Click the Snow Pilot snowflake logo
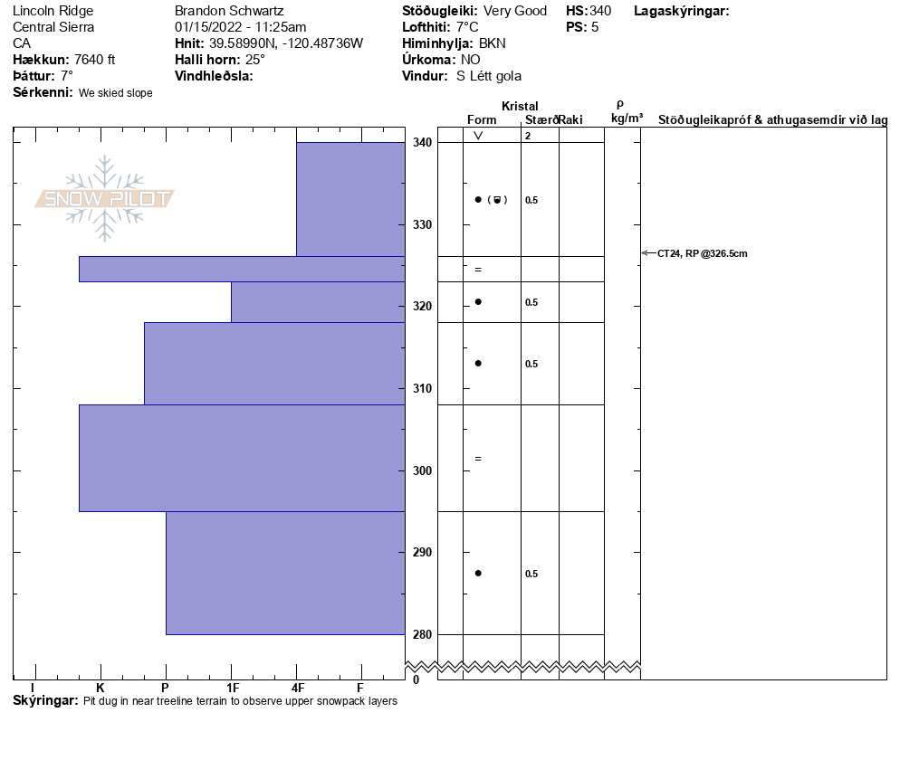click(105, 198)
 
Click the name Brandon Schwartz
click(229, 11)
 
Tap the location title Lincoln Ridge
click(53, 11)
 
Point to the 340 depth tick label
click(422, 143)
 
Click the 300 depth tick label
click(422, 470)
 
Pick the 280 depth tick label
click(422, 634)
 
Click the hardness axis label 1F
click(232, 688)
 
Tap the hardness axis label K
click(101, 688)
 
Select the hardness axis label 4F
click(296, 688)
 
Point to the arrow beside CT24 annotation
click(647, 253)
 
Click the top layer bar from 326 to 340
click(350, 199)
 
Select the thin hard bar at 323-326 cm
click(242, 269)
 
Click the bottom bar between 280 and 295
click(285, 573)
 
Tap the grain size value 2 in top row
click(528, 136)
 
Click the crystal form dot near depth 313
click(478, 363)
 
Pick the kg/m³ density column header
click(627, 119)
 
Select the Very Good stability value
click(515, 11)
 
